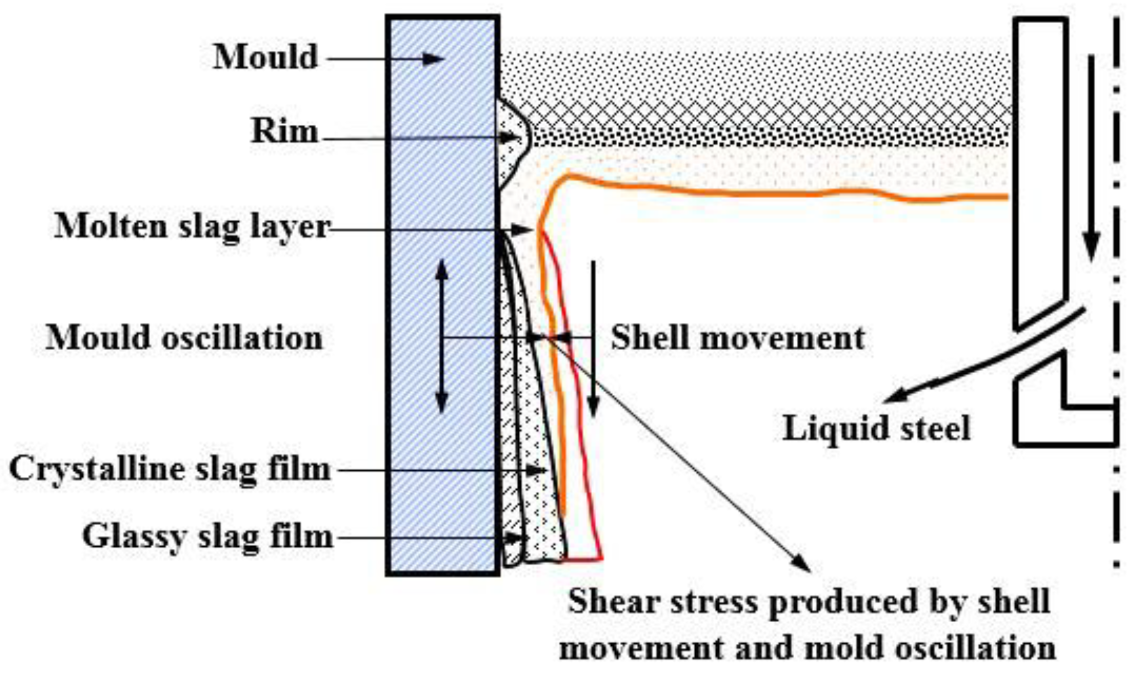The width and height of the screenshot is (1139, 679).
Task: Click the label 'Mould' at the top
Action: click(x=265, y=56)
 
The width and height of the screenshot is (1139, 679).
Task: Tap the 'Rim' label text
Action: click(x=284, y=131)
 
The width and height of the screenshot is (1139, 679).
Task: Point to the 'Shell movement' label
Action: click(x=737, y=337)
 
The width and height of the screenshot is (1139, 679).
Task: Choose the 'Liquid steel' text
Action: click(x=876, y=429)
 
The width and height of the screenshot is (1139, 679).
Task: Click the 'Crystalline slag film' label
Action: click(x=170, y=469)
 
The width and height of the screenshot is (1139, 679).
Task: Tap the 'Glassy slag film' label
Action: click(x=208, y=536)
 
